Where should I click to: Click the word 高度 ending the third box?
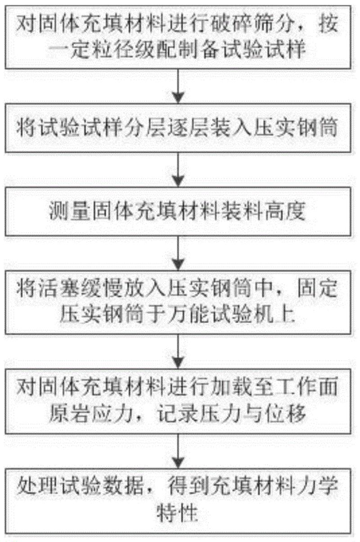pyautogui.click(x=291, y=211)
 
